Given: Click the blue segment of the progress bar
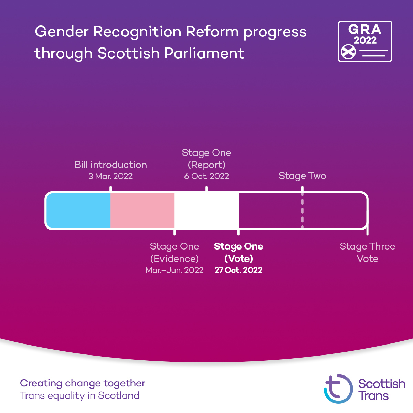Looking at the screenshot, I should point(78,210).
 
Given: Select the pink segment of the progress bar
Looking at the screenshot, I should point(142,210).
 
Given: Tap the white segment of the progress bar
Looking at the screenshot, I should point(206,210).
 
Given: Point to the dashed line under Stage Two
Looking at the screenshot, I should point(303,210).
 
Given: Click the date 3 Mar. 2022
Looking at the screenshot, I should point(110,176).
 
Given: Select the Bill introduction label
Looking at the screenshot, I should point(110,165).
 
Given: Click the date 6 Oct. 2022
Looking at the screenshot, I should point(206,176).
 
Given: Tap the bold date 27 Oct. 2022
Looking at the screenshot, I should point(239,270).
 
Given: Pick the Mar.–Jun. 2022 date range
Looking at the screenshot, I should point(174,270).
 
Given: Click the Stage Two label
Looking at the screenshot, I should point(302,176).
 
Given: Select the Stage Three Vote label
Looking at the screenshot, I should point(368,253).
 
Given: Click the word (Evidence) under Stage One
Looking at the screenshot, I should point(174,259).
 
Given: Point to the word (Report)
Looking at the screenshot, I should point(206,165).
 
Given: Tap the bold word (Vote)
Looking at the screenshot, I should point(239,259).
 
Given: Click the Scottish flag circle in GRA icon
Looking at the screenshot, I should point(348,52).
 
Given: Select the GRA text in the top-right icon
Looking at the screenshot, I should point(365,30).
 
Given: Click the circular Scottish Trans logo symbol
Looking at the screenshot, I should point(338,389).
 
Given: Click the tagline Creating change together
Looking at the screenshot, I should point(83,383).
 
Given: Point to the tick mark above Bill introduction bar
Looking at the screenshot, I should point(110,189).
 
